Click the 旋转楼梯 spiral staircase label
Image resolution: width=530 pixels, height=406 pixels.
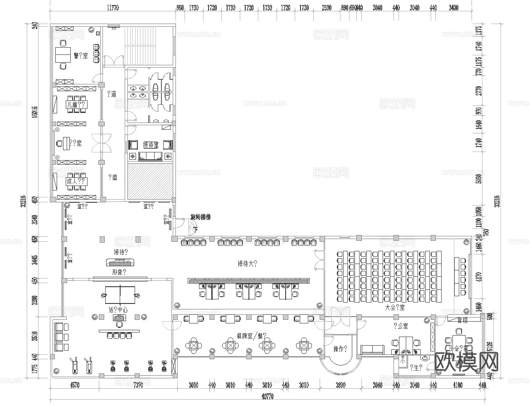(200, 217)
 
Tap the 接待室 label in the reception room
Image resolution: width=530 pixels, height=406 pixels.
(151, 145)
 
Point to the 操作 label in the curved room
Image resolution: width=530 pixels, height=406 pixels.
(340, 349)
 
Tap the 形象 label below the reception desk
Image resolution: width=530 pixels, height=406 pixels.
(119, 272)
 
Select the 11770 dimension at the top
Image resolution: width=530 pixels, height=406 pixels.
(112, 8)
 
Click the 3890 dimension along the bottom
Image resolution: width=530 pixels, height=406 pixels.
(340, 386)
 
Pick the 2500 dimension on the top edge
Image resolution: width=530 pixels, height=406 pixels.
(326, 8)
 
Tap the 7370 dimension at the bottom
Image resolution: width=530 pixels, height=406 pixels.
(138, 386)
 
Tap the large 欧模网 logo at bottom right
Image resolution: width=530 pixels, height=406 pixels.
(467, 362)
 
